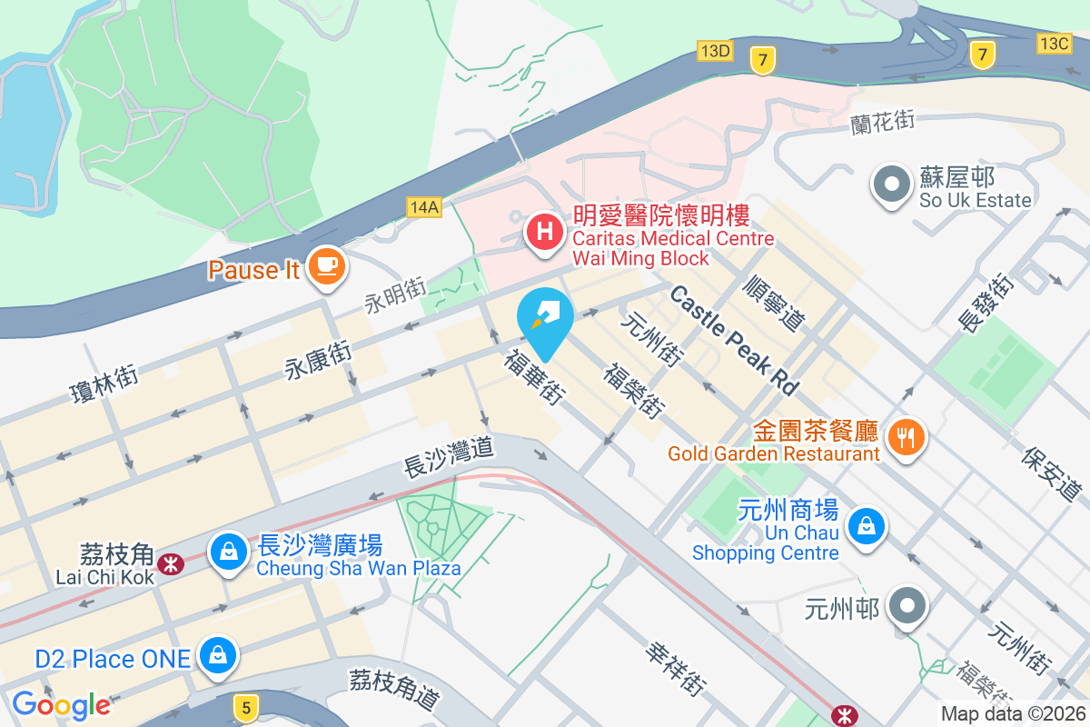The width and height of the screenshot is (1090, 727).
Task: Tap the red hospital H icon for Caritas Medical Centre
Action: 544,231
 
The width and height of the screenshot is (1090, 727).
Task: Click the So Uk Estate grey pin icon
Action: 891,184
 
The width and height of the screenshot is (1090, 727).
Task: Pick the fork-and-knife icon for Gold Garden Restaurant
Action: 906,437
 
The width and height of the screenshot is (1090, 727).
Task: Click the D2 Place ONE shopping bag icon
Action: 218,654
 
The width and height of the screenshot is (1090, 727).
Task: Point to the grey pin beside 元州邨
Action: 907,605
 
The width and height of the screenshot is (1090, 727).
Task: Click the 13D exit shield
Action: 715,50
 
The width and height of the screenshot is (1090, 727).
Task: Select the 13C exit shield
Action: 1055,43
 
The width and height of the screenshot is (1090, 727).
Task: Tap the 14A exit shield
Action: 424,207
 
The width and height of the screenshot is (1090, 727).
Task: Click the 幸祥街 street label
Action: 677,670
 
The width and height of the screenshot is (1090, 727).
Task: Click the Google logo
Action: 61,705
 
